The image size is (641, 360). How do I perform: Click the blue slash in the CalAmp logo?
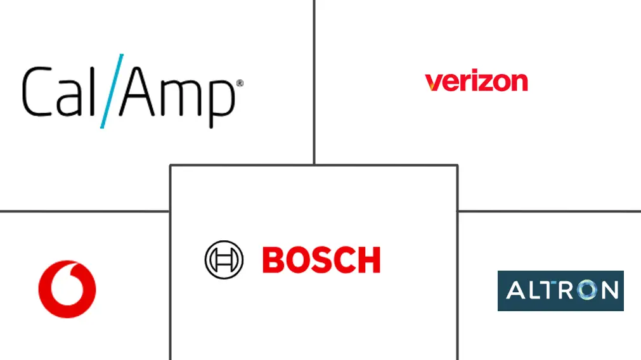tap(111, 91)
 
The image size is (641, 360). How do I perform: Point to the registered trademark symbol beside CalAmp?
tap(240, 84)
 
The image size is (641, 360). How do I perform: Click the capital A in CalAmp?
tap(139, 91)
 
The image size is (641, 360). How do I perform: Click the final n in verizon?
tap(518, 82)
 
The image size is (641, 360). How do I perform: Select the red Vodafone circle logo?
tap(67, 289)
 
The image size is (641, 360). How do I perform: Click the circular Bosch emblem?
tap(224, 260)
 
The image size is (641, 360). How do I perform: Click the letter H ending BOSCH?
tap(368, 260)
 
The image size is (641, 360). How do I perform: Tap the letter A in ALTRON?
tap(517, 290)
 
